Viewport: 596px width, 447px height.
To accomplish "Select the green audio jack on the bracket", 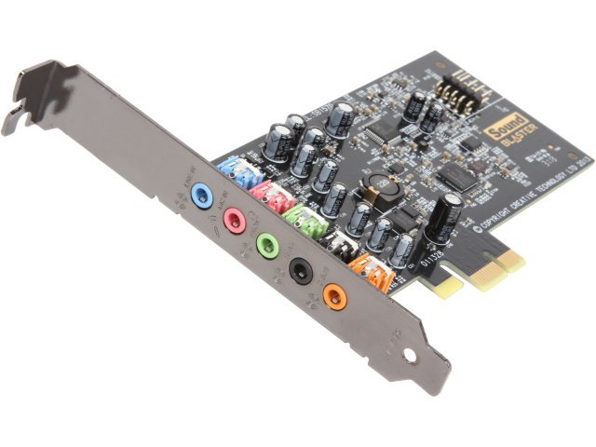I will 265,245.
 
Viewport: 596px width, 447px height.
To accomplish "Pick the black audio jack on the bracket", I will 298,271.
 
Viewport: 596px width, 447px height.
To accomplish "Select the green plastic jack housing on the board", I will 302,222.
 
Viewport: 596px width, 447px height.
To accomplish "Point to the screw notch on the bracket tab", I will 16,119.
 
